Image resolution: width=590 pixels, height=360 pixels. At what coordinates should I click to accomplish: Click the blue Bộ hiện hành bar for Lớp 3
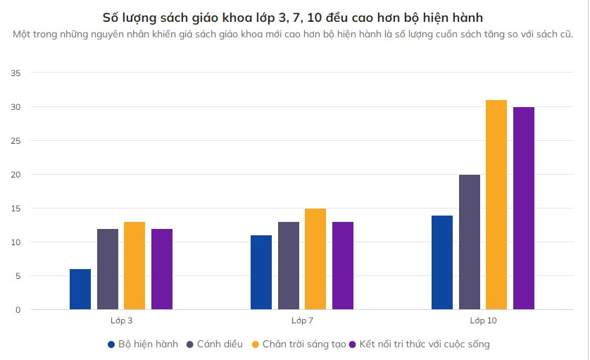[x=80, y=290]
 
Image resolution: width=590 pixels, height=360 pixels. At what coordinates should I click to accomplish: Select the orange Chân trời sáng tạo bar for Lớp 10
[x=496, y=205]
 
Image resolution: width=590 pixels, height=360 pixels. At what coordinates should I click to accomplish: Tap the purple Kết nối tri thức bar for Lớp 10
[x=524, y=209]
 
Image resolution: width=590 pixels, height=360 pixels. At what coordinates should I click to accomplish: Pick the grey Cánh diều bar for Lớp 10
[x=470, y=242]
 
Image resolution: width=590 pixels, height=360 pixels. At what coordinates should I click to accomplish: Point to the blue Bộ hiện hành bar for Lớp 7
[x=261, y=273]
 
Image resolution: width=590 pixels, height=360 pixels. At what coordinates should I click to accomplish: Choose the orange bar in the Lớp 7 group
[x=315, y=259]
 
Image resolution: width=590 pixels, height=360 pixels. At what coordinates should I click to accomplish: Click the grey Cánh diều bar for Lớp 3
[x=108, y=269]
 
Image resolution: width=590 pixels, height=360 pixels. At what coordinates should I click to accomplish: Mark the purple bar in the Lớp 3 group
[x=162, y=269]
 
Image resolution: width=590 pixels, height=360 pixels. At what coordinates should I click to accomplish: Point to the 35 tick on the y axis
[x=16, y=73]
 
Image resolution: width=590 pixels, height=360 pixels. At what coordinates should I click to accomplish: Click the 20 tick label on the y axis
[x=16, y=175]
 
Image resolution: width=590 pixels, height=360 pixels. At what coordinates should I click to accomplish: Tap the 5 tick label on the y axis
[x=18, y=276]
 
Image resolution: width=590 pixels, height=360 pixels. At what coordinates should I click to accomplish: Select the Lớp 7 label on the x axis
[x=302, y=321]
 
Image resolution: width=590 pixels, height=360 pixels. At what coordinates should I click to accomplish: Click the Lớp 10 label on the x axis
[x=483, y=321]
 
